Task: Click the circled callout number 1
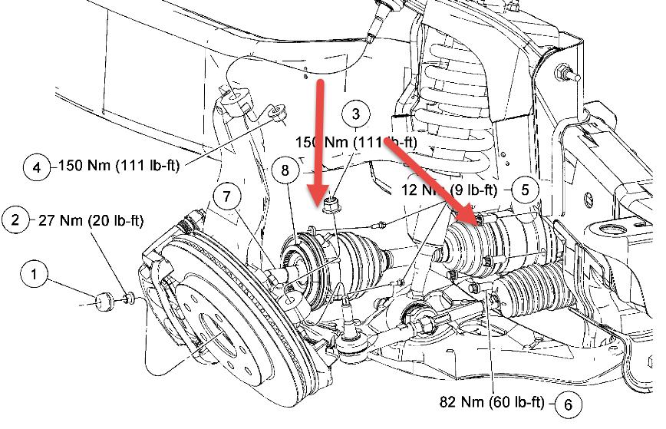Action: pos(33,272)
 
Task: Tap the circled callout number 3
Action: pos(355,115)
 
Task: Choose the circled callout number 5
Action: pos(525,189)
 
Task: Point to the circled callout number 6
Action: pos(568,403)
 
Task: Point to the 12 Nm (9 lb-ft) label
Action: pos(449,190)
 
